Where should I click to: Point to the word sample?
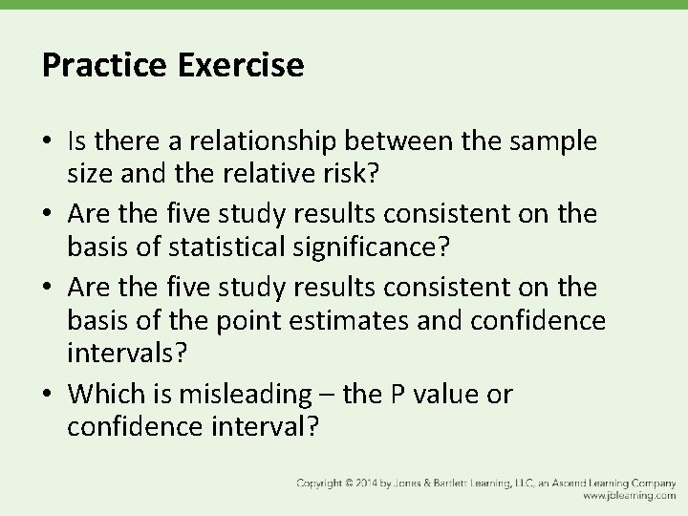pyautogui.click(x=555, y=141)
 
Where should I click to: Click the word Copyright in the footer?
pyautogui.click(x=320, y=483)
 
